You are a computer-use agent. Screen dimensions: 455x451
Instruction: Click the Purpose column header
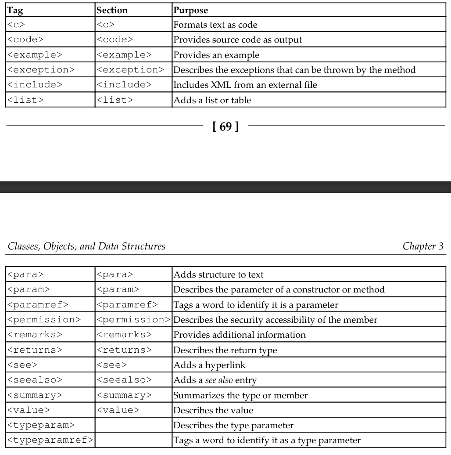tap(191, 10)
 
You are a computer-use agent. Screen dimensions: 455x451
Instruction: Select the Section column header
tap(112, 10)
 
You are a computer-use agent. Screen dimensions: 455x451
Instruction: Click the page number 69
tap(225, 128)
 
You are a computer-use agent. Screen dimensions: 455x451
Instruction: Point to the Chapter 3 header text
tap(422, 246)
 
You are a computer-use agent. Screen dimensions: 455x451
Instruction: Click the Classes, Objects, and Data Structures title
tap(86, 246)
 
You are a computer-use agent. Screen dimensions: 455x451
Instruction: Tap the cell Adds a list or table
tap(212, 100)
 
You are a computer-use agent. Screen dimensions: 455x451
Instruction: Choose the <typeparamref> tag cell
tap(50, 440)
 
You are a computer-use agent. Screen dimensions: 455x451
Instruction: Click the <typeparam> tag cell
tap(41, 425)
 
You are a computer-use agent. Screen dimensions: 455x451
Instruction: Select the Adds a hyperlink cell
tap(203, 365)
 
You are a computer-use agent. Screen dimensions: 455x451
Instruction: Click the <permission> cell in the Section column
tap(133, 320)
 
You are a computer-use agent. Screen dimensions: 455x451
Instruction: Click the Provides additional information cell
tap(240, 335)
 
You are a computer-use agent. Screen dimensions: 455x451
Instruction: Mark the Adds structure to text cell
tap(218, 275)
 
